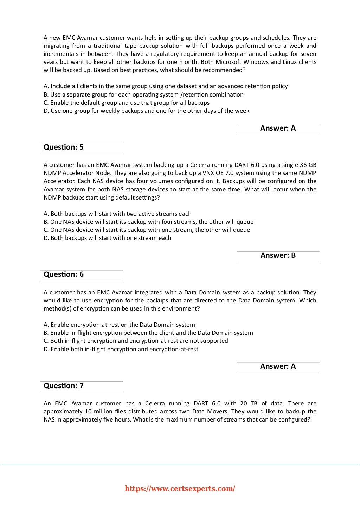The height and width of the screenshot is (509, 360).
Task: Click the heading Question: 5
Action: (x=64, y=148)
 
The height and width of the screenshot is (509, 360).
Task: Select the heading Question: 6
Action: (x=64, y=275)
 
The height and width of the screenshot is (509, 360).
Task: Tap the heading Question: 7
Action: (x=64, y=386)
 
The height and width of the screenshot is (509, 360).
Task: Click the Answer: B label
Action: (x=278, y=256)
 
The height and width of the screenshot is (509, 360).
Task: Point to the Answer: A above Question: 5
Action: (x=278, y=129)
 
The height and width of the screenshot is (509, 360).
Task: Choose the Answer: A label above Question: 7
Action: (x=278, y=367)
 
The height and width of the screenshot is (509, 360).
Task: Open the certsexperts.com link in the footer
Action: (x=180, y=489)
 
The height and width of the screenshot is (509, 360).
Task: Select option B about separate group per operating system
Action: (x=143, y=94)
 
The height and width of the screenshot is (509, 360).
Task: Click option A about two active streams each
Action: (x=117, y=214)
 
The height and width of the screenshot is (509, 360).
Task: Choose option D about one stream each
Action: (x=107, y=238)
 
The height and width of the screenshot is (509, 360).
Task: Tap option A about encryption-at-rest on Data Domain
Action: (x=119, y=325)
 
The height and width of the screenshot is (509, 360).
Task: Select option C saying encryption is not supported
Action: (x=136, y=341)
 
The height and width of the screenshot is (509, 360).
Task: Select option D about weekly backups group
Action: (x=146, y=111)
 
